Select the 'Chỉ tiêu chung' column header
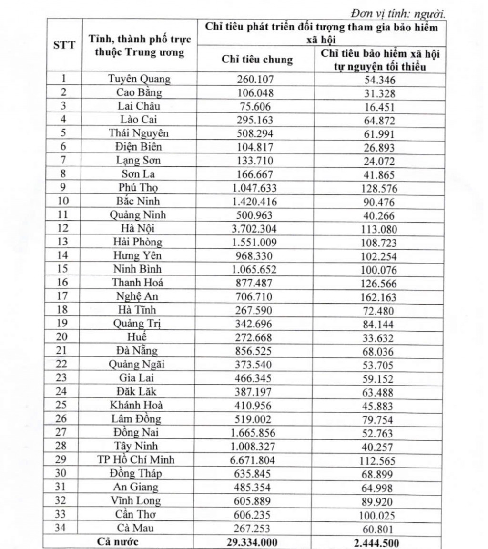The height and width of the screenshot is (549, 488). [257, 59]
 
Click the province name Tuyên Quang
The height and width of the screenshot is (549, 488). [139, 79]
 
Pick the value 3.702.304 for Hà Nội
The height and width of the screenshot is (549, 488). [254, 228]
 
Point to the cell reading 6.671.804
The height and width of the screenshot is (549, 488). [254, 459]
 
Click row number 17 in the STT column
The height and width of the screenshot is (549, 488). [62, 296]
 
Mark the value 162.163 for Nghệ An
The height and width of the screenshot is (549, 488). [378, 297]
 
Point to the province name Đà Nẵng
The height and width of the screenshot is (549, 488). [136, 351]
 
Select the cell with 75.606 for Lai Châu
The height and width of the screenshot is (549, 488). [254, 106]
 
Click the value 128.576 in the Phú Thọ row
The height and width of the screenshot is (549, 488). [378, 188]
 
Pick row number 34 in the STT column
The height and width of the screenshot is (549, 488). [62, 528]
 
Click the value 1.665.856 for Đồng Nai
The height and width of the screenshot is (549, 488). [254, 432]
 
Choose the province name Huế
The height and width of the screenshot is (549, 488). [136, 337]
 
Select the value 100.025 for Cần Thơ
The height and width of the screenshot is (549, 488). [378, 515]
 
